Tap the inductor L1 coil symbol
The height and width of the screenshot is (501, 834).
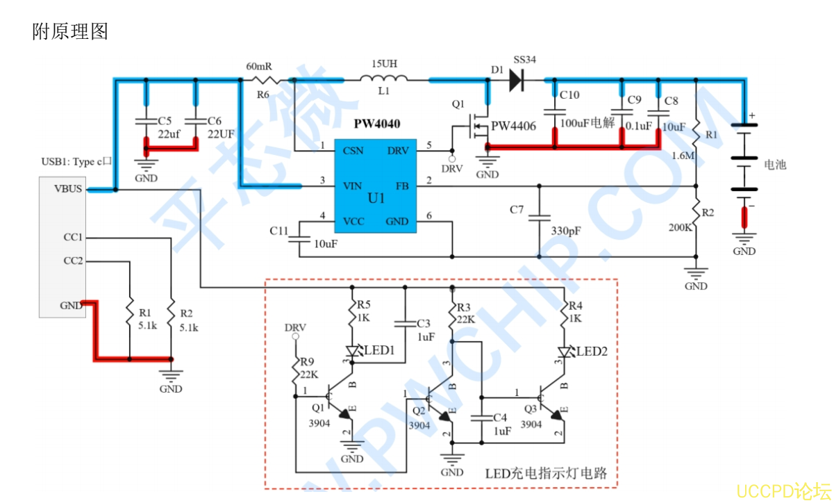384,80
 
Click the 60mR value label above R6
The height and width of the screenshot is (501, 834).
259,67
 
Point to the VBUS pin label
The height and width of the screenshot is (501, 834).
69,188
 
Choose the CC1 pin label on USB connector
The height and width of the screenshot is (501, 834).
73,237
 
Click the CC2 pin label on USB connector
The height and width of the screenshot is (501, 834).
73,261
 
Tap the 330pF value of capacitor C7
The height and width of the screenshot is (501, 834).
566,230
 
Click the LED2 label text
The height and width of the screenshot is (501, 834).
592,352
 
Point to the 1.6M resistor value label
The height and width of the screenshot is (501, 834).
683,156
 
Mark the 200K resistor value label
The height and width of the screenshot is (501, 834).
681,227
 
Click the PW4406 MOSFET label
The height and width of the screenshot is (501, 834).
513,126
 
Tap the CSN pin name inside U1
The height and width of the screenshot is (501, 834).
354,150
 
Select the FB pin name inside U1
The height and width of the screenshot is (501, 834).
402,186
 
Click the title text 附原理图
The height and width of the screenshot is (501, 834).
70,31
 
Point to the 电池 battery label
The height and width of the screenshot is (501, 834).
775,165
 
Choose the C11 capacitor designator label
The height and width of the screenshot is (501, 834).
278,230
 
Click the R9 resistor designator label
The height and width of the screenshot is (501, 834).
308,361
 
